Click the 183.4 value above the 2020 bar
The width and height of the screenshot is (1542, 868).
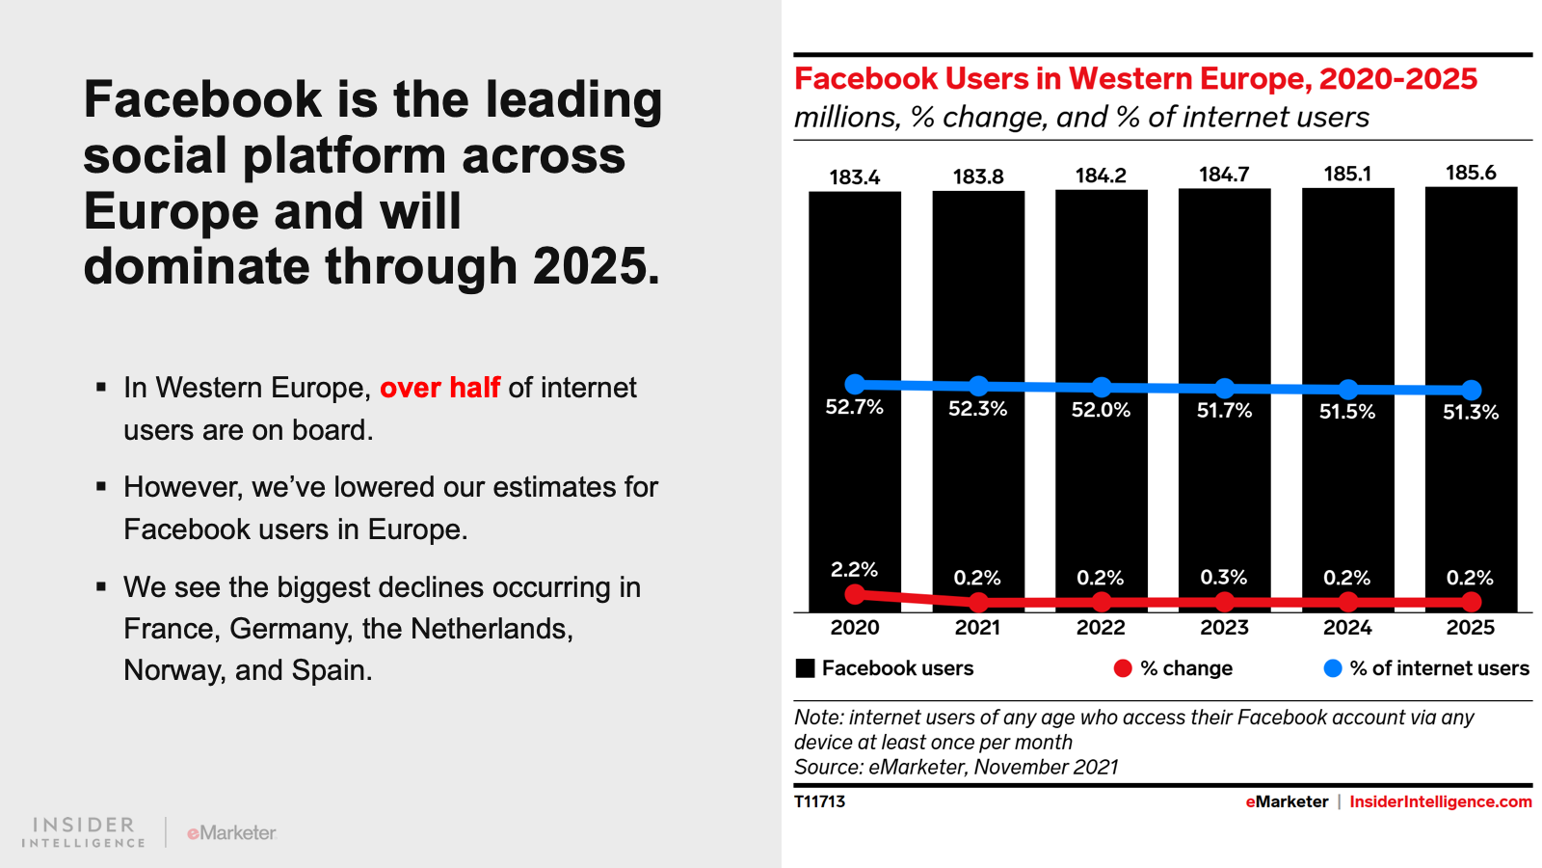point(855,177)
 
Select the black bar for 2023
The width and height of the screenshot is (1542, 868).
point(1224,289)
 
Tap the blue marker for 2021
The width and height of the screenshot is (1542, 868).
point(978,386)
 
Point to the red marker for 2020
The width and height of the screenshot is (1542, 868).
point(855,594)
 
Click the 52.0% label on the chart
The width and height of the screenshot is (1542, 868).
point(1101,410)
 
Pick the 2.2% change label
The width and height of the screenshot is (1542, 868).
point(854,570)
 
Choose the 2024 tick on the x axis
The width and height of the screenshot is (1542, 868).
point(1347,628)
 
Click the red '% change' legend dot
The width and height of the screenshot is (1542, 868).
point(1123,668)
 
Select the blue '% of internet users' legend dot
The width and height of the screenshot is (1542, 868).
point(1333,668)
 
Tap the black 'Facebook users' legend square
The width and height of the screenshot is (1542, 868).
point(806,668)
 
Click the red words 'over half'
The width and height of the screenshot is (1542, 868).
point(439,388)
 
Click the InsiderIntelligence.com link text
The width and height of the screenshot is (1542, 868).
point(1440,801)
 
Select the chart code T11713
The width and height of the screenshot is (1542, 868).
point(819,801)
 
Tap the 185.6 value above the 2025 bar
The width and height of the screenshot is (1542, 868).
point(1471,174)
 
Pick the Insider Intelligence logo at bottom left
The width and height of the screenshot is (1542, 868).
point(84,832)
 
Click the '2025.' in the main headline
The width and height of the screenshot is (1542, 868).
point(597,267)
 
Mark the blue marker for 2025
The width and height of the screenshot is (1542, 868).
point(1471,390)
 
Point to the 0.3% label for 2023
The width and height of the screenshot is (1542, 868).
point(1224,578)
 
